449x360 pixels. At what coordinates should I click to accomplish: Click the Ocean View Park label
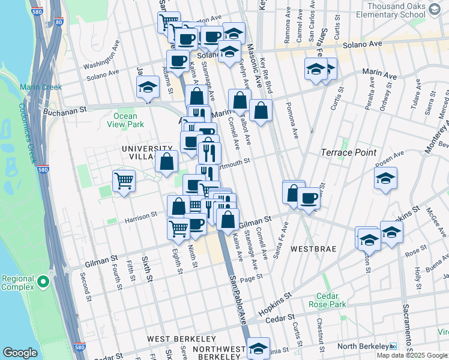[x=128, y=121]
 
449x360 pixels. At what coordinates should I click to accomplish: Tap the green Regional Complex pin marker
[x=43, y=281]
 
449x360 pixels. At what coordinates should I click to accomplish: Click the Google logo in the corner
[x=20, y=353]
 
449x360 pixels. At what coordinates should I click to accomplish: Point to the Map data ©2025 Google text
[x=412, y=355]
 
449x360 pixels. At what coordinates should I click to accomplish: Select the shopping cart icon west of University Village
[x=124, y=179]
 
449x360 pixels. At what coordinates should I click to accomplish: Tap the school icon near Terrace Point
[x=385, y=178]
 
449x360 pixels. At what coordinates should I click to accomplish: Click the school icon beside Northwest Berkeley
[x=258, y=347]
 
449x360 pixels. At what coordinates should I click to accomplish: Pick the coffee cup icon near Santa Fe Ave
[x=309, y=198]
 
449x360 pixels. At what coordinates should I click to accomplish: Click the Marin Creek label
[x=41, y=87]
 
